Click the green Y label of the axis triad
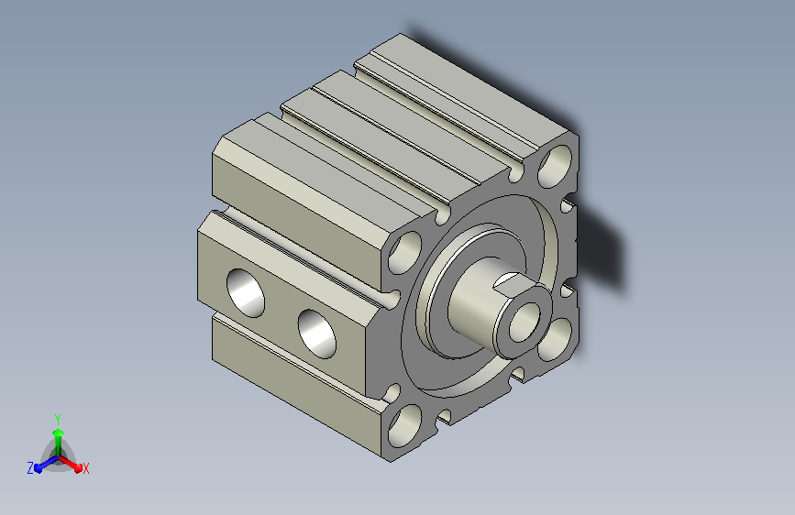(x=58, y=420)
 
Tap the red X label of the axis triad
(x=85, y=469)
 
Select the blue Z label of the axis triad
(x=30, y=468)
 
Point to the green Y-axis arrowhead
(x=59, y=433)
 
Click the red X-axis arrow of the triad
(x=70, y=463)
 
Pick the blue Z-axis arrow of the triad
(x=47, y=464)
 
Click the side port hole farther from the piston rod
(x=246, y=293)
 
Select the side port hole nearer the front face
(x=317, y=334)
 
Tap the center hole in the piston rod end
(x=525, y=323)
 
